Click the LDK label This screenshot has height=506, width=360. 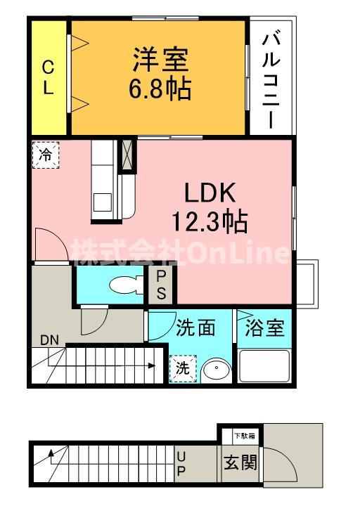[x=209, y=195]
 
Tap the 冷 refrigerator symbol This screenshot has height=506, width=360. [x=45, y=154]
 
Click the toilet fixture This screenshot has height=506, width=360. [x=127, y=284]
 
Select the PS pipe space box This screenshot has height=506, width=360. [x=161, y=285]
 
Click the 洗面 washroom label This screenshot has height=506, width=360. [x=195, y=328]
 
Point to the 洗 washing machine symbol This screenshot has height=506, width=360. [x=182, y=368]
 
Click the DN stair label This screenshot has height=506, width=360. [x=49, y=340]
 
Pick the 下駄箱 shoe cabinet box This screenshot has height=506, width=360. [x=240, y=436]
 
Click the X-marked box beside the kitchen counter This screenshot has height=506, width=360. [x=127, y=155]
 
